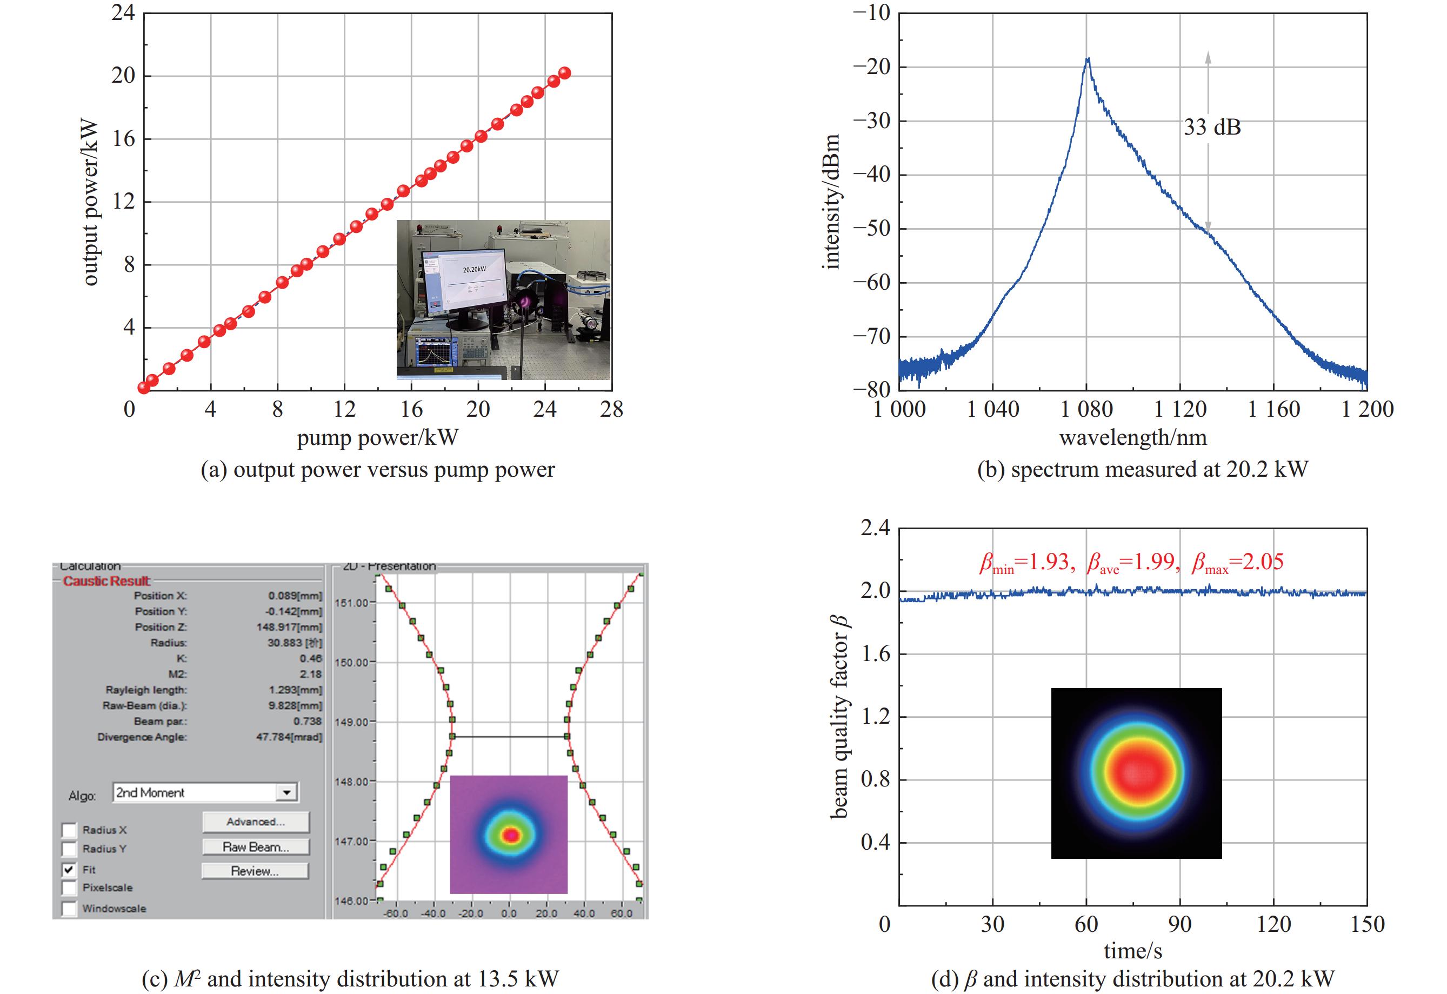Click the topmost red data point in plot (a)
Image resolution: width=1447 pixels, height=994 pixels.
[565, 73]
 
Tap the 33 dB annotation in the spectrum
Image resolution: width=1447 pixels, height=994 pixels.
[1212, 127]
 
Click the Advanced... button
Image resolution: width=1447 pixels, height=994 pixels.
[255, 822]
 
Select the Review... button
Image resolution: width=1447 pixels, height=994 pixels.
[255, 871]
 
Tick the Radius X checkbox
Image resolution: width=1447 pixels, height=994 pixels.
[69, 830]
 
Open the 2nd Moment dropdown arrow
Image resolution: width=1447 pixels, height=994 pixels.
[286, 793]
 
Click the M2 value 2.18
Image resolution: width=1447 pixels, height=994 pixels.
[310, 674]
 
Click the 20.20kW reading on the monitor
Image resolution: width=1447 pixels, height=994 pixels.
[474, 270]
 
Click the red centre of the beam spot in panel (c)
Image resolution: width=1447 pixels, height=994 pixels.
[511, 835]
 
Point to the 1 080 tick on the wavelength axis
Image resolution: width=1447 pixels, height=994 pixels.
[1086, 409]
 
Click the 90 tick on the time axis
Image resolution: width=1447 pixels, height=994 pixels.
[1180, 923]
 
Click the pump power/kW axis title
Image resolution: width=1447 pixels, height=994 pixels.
[377, 437]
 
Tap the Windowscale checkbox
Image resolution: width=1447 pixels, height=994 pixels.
[69, 909]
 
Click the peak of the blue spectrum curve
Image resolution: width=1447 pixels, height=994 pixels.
[1088, 59]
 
